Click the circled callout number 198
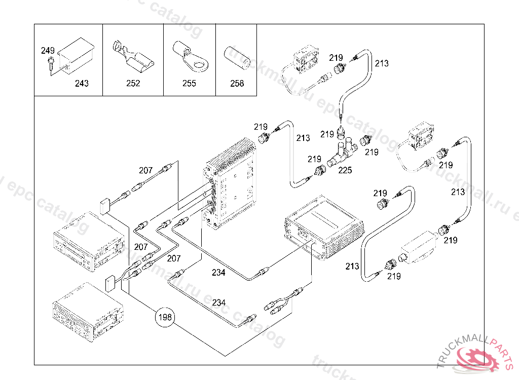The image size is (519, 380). (x=165, y=318)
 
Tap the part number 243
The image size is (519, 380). (x=82, y=83)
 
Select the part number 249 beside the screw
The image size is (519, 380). (x=48, y=51)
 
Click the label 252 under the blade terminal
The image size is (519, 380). (x=133, y=83)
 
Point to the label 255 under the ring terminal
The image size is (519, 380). (x=189, y=83)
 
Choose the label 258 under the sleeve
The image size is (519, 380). (x=237, y=83)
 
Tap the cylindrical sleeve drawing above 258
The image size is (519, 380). (x=238, y=57)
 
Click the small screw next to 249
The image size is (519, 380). (x=50, y=64)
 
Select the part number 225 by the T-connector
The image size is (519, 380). (x=345, y=170)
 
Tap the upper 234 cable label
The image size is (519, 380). (x=219, y=273)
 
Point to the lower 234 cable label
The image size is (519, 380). (x=219, y=302)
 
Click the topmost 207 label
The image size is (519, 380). (x=146, y=171)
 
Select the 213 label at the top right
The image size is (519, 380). (x=382, y=63)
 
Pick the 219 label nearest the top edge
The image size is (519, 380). (x=336, y=57)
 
